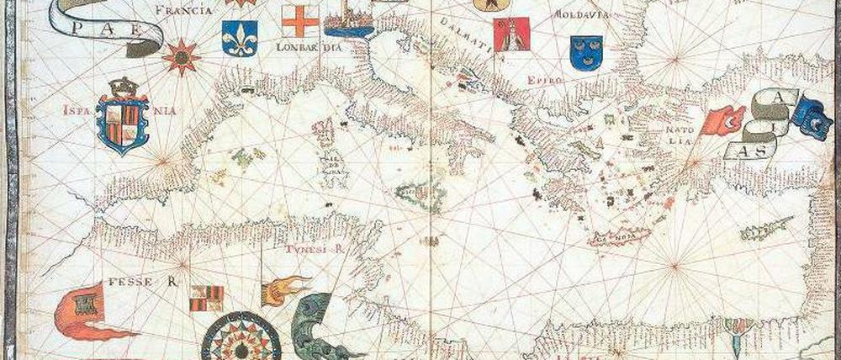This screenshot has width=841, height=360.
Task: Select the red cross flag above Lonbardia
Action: (x=301, y=20)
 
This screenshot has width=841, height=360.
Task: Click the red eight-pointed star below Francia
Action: (x=180, y=56)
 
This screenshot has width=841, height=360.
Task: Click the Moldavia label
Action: (x=582, y=15)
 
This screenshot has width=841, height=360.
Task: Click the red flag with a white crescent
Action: (x=725, y=120)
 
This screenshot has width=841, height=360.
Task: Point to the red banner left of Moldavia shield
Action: (x=511, y=33)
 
